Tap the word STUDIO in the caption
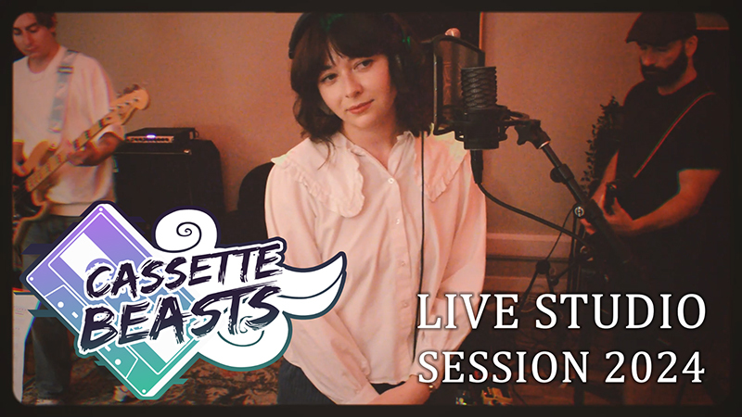point(613,313)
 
